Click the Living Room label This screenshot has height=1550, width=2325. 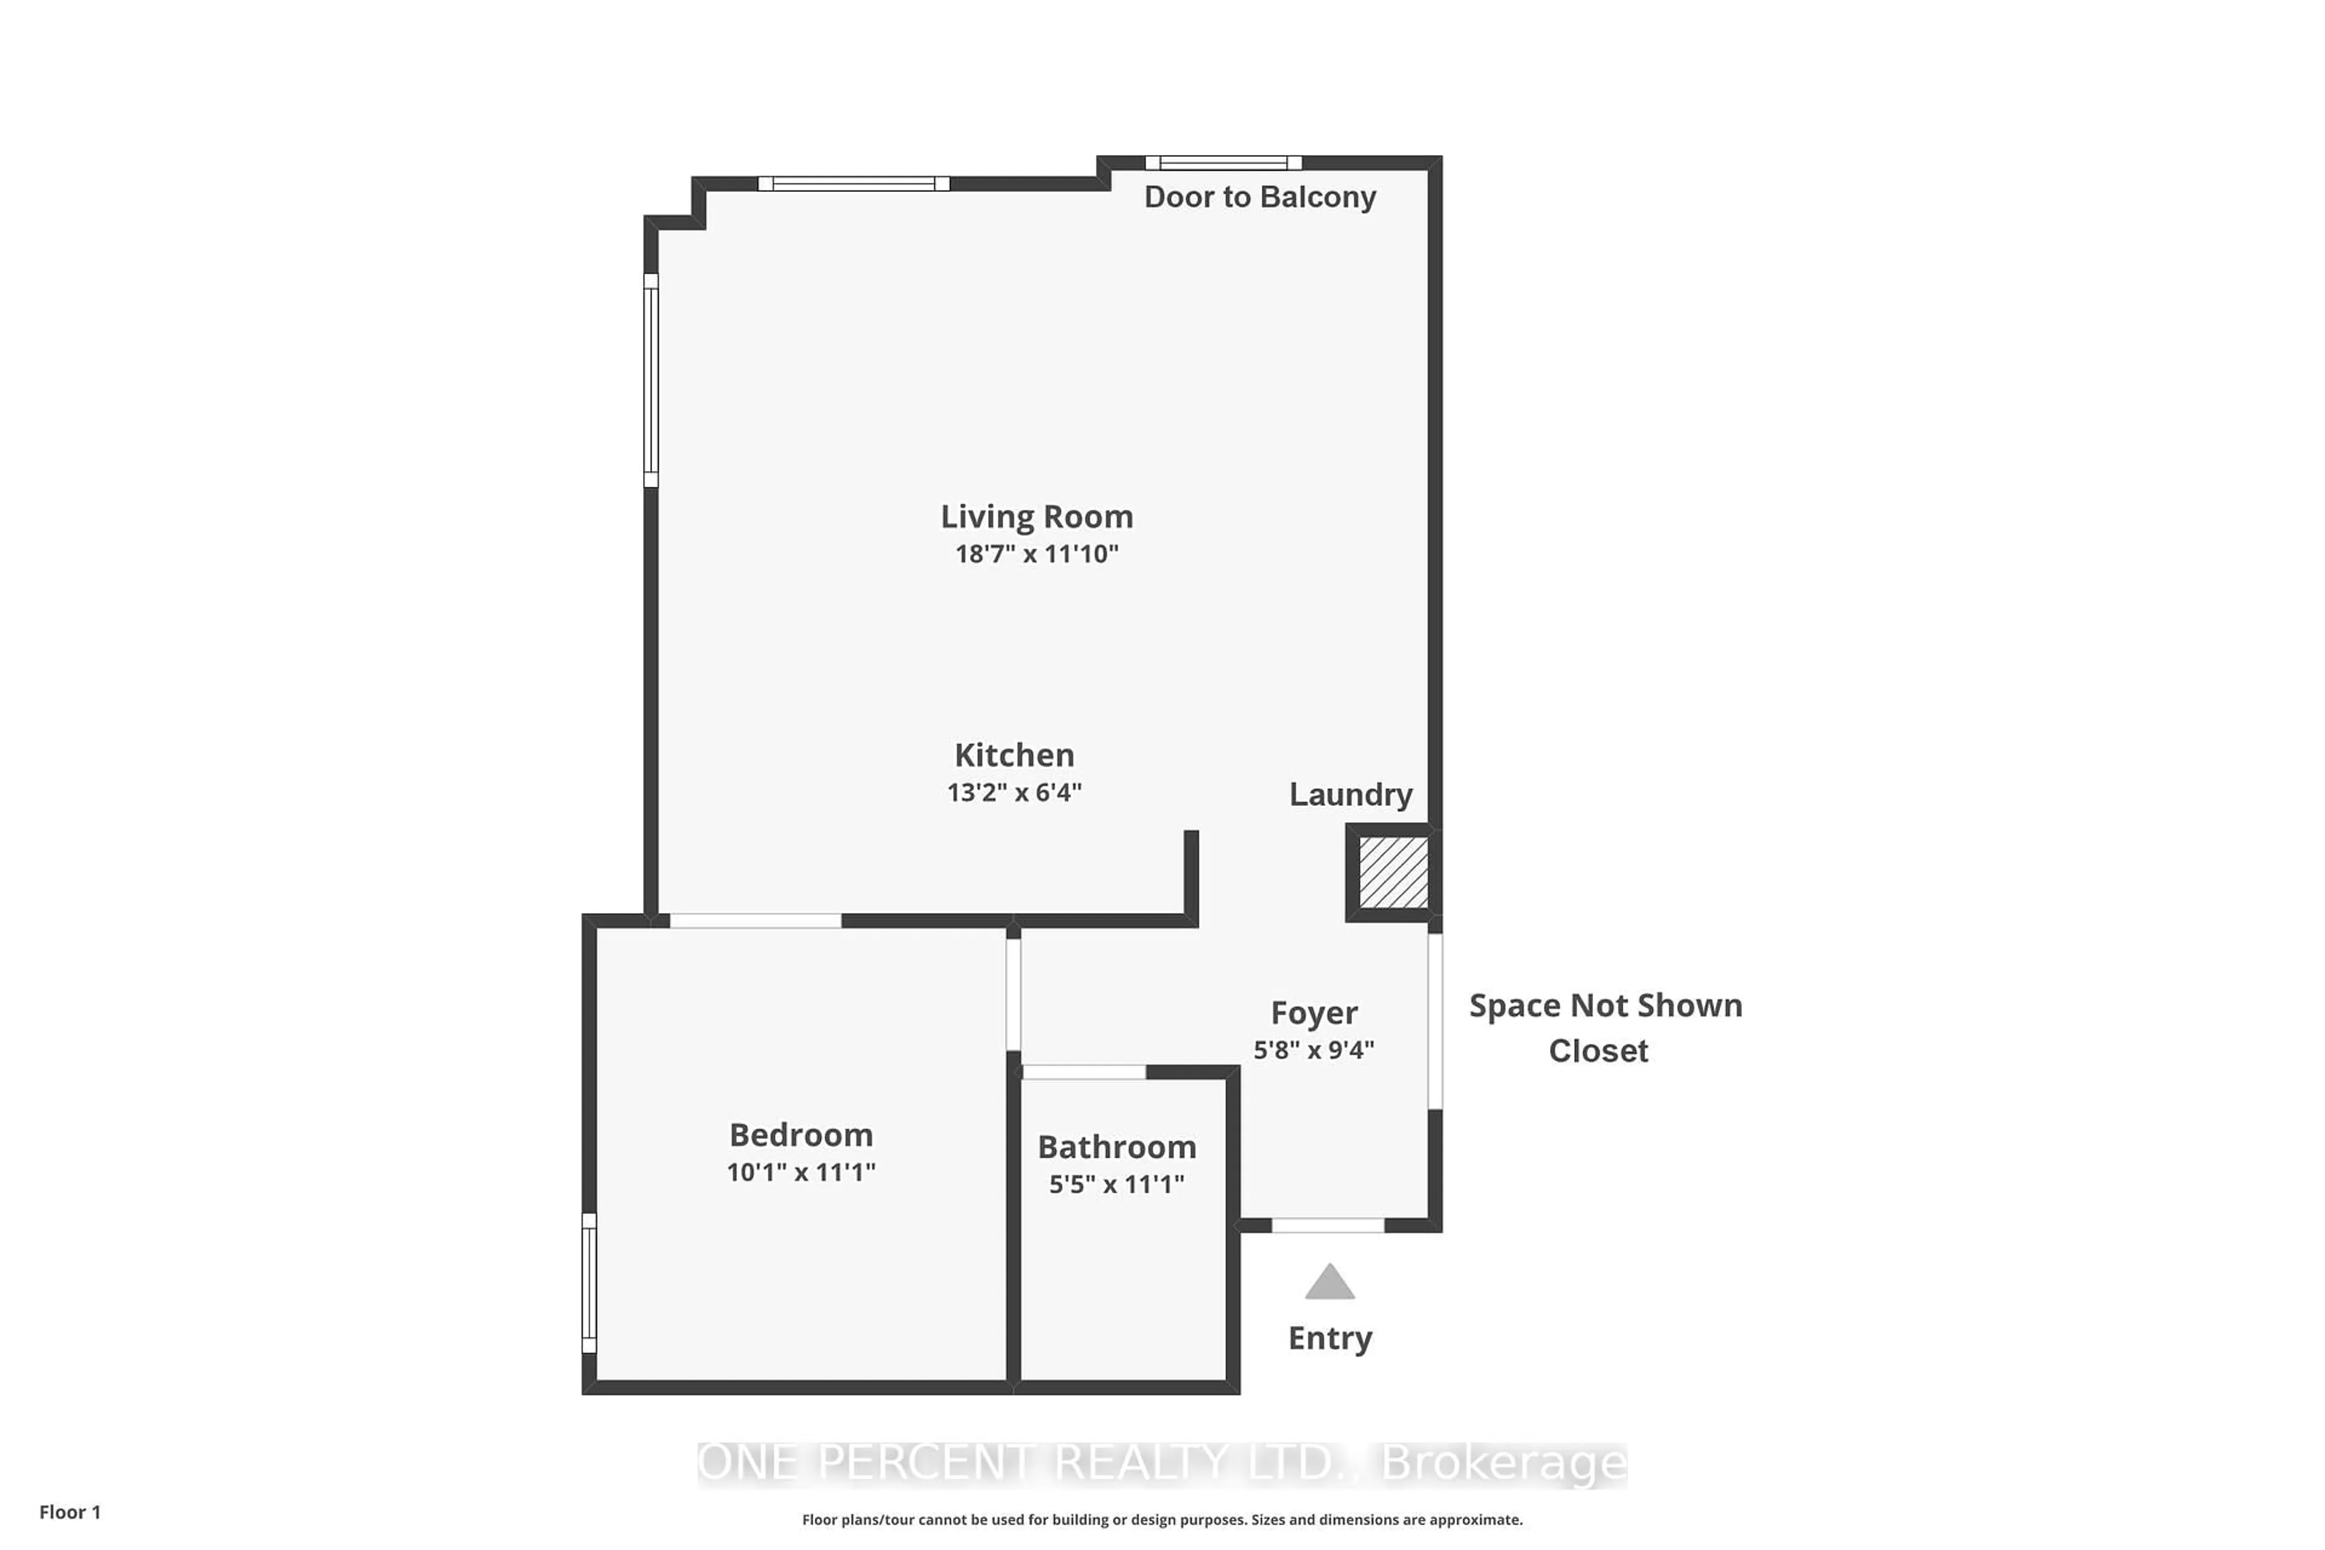tap(1036, 517)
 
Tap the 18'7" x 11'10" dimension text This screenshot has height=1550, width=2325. tap(1036, 553)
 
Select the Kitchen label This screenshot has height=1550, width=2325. tap(1014, 755)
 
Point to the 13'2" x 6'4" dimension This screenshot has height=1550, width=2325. tap(1014, 793)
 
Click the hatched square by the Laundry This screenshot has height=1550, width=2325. tap(1393, 872)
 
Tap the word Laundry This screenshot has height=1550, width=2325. tap(1350, 795)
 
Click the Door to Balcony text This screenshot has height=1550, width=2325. tap(1259, 197)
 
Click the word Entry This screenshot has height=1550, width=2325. tap(1330, 1339)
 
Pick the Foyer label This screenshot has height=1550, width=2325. tap(1314, 1013)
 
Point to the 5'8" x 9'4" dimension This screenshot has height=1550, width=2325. tap(1314, 1050)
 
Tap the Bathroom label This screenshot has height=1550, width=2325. tap(1117, 1147)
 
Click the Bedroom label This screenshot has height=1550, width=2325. tap(800, 1135)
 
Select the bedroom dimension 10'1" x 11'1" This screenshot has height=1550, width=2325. tap(800, 1172)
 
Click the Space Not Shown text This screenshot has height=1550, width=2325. tap(1605, 1005)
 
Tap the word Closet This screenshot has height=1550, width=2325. tap(1598, 1051)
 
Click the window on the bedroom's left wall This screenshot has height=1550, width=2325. tap(589, 1283)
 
